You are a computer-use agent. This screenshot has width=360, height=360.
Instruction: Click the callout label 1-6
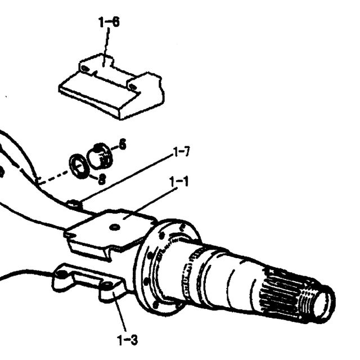pyautogui.click(x=109, y=22)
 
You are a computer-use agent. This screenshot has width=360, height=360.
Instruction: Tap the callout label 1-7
pyautogui.click(x=182, y=152)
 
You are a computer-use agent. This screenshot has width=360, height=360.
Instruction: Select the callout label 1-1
pyautogui.click(x=179, y=181)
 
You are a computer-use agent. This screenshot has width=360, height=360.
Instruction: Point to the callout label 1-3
pyautogui.click(x=128, y=340)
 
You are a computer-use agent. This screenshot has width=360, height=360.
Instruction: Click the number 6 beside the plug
pyautogui.click(x=123, y=145)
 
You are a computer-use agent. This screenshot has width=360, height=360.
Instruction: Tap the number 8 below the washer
pyautogui.click(x=102, y=179)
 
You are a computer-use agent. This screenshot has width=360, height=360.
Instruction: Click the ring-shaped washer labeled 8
pyautogui.click(x=78, y=166)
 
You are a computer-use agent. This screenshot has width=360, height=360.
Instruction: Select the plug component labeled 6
pyautogui.click(x=100, y=156)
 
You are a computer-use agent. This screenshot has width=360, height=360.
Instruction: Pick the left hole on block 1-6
pyautogui.click(x=85, y=69)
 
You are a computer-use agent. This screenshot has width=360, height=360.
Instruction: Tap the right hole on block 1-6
pyautogui.click(x=133, y=87)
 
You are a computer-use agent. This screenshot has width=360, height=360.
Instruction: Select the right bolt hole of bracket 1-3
pyautogui.click(x=107, y=285)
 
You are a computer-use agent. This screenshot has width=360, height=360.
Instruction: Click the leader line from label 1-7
pyautogui.click(x=126, y=178)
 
